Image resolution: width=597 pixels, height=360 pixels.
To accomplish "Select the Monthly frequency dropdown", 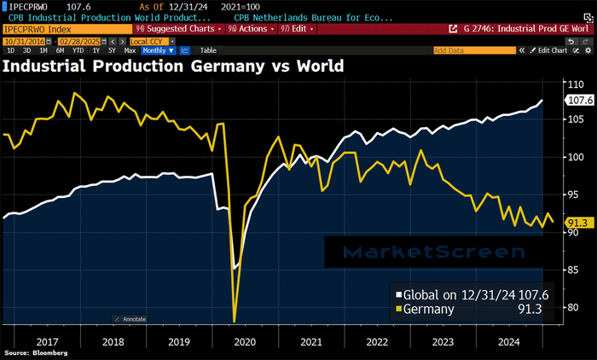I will coord(154,50).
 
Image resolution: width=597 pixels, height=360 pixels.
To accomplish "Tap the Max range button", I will coord(130,50).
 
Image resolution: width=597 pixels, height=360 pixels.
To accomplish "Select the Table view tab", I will coord(208,50).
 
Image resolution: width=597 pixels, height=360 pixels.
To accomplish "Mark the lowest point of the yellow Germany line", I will coord(234,322).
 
